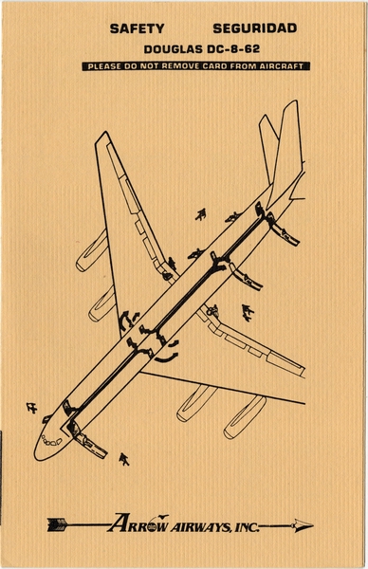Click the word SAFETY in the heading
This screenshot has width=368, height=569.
tap(137, 28)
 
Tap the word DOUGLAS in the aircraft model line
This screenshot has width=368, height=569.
tap(171, 47)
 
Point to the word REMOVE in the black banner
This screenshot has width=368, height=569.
tap(197, 66)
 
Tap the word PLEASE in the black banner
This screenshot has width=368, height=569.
tap(105, 66)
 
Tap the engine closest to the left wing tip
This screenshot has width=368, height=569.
tap(91, 249)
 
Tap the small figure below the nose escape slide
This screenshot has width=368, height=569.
tap(123, 461)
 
